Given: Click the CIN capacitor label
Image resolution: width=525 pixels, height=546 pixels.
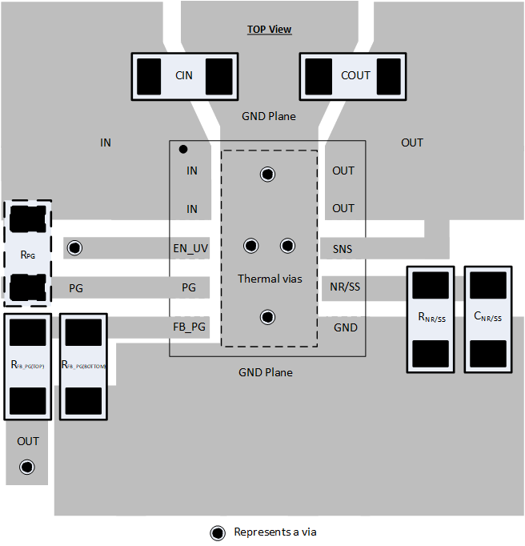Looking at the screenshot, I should click(x=183, y=76).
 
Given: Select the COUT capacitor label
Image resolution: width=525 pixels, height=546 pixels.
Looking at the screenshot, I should click(x=355, y=76).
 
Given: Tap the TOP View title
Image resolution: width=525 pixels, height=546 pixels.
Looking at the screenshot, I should click(x=269, y=30).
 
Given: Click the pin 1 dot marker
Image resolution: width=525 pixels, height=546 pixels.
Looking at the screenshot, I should click(x=183, y=149).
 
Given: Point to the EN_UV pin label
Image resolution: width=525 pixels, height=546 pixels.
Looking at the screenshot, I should click(x=190, y=249).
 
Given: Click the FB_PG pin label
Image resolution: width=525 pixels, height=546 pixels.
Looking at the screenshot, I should click(x=190, y=327).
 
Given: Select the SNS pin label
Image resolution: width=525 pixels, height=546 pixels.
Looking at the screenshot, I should click(x=343, y=249).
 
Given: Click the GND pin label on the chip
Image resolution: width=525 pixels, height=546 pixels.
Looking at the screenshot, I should click(x=346, y=327).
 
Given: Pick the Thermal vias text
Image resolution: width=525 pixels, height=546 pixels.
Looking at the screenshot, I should click(x=270, y=279).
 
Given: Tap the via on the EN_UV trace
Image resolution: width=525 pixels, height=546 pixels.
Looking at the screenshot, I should click(x=74, y=247).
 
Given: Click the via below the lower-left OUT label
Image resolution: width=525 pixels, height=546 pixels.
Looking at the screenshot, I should click(x=28, y=466).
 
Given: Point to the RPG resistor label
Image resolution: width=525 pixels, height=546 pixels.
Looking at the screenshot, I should click(x=27, y=255).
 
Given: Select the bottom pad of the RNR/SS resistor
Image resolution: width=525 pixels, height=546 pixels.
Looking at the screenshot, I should click(x=431, y=352).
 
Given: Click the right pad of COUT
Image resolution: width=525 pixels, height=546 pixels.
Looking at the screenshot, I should click(x=389, y=76).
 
